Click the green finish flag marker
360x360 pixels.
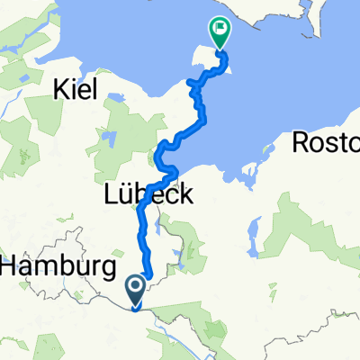[x=219, y=32]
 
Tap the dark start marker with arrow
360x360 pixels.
[x=136, y=288]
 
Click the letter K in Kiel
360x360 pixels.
[x=61, y=88]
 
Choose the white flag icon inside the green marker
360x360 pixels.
[x=219, y=30]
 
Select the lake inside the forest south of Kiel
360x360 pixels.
[x=109, y=139]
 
